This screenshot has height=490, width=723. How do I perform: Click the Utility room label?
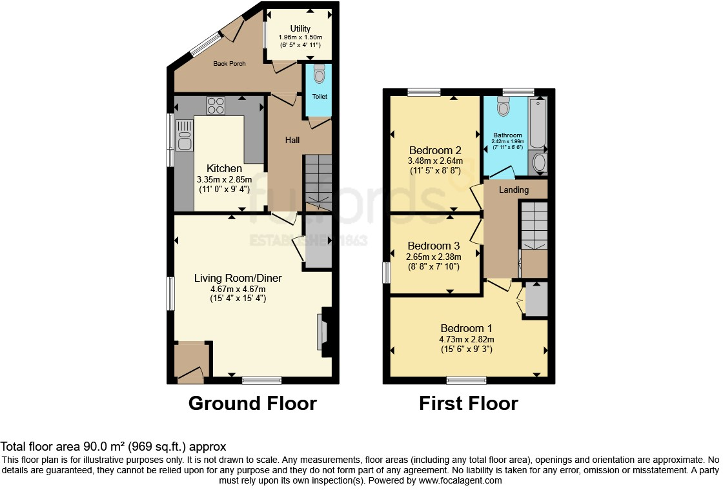point(300,28)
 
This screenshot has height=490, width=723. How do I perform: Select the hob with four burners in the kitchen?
point(216,105)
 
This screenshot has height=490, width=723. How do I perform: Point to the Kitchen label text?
point(223,168)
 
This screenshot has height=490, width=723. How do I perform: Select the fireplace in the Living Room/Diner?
point(323,331)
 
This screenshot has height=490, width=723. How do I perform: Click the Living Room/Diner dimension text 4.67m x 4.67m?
point(238,289)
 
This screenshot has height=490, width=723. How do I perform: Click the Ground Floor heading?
point(252,404)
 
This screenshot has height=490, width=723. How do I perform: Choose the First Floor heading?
point(468,404)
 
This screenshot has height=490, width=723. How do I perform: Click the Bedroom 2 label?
point(433,150)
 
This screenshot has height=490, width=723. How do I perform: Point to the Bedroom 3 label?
point(433,246)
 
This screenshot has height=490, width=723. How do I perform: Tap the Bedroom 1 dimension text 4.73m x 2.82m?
point(467,339)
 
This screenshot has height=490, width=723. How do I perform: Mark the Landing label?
point(514,190)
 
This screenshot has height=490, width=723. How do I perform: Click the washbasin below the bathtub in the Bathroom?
point(538,162)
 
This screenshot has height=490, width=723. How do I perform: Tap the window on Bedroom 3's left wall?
point(386,272)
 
